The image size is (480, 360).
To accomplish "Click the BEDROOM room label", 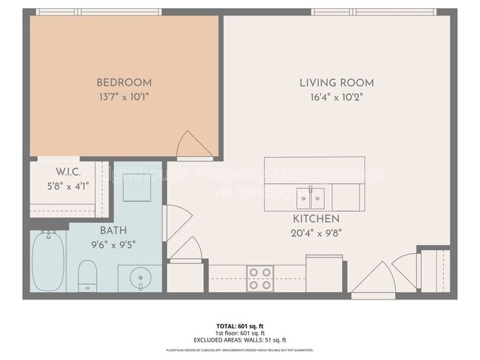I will tap(124, 82).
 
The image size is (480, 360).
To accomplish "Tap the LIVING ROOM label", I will tap(336, 83).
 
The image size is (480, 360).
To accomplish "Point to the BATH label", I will tap(103, 231).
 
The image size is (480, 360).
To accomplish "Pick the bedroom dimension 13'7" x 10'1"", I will tap(124, 96).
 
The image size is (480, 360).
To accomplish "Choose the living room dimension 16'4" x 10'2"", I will tap(336, 97).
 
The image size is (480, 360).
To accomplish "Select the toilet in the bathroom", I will tap(87, 274).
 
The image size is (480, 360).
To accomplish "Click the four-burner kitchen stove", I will tap(260, 278).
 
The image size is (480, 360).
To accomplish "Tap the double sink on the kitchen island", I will tap(311, 198).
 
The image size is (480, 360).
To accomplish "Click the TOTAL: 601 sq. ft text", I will tap(239, 325).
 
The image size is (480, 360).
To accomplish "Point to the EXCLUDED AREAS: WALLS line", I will tap(239, 339).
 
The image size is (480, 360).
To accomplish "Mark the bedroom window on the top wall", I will tap(98, 12).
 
